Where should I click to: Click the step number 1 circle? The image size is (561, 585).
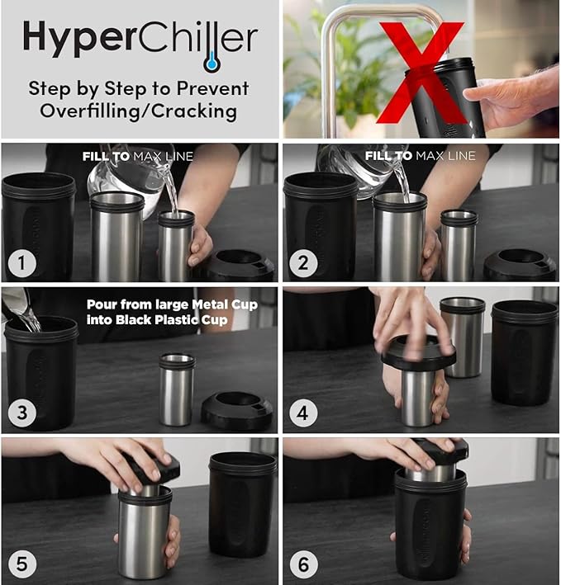tap(22, 264)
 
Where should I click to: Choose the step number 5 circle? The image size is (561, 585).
tap(22, 564)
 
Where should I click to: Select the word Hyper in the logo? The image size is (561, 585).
tap(72, 39)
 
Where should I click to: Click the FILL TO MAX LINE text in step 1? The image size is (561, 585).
tap(137, 155)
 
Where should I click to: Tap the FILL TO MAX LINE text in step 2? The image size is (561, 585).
tap(420, 155)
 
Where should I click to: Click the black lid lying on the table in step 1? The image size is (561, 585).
tap(240, 264)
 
